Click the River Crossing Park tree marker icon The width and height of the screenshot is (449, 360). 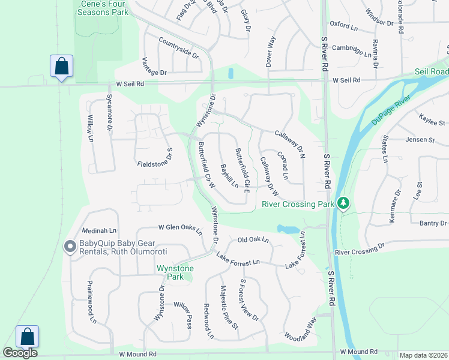click(x=343, y=203)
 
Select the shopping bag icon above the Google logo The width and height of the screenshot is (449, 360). click(x=28, y=336)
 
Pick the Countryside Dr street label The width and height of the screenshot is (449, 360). click(x=179, y=47)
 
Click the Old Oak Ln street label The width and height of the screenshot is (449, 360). click(x=253, y=240)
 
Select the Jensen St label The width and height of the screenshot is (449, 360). click(x=420, y=140)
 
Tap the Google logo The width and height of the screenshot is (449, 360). click(x=20, y=353)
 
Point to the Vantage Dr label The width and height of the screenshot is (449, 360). click(x=155, y=71)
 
